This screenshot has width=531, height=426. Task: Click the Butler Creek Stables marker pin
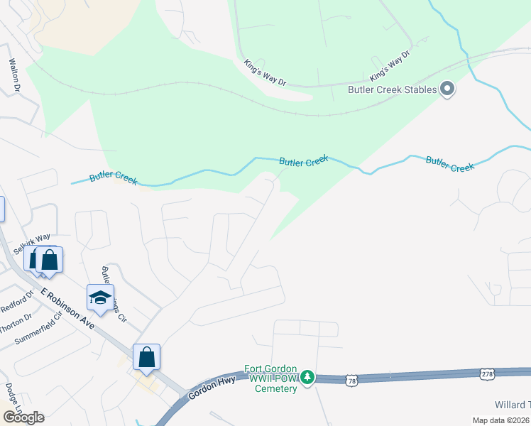point(447,89)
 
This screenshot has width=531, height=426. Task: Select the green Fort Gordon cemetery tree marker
point(307,376)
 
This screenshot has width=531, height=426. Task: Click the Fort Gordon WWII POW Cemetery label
point(270,378)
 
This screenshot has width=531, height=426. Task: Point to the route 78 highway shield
point(352,381)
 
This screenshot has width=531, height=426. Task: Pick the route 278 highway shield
point(486,374)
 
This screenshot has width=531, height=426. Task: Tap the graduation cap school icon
point(100,298)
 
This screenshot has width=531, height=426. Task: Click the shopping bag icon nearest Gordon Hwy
point(146,356)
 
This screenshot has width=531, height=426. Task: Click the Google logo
point(23,417)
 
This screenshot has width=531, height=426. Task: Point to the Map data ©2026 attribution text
point(500,421)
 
